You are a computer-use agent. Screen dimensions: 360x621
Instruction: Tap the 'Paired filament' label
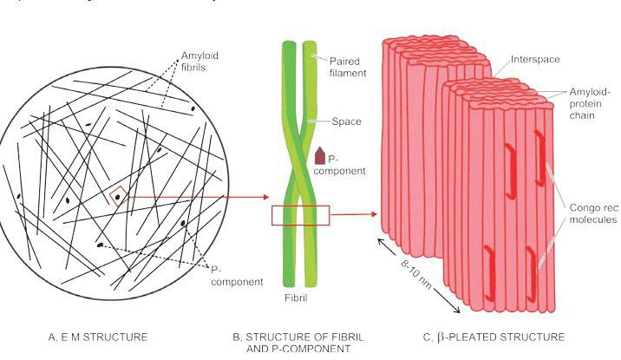click(347, 67)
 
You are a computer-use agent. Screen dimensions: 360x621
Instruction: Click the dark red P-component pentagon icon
click(320, 155)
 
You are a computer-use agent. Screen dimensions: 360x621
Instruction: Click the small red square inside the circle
click(118, 195)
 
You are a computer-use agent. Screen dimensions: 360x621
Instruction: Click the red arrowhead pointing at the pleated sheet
click(375, 213)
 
